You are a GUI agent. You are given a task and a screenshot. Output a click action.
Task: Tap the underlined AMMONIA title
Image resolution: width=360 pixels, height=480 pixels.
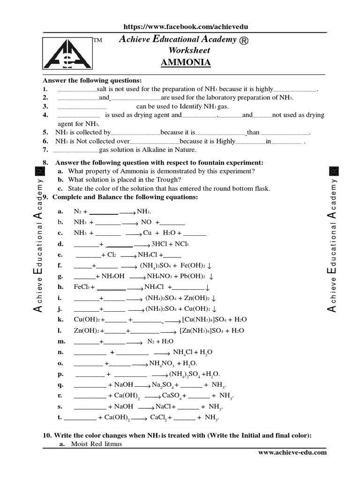[x=186, y=63]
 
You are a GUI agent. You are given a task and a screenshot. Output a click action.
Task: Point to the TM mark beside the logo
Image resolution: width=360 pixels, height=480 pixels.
[x=97, y=40]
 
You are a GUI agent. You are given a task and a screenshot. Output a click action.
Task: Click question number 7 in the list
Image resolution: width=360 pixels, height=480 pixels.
[x=45, y=150]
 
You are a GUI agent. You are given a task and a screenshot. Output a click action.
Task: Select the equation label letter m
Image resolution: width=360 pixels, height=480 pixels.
[x=60, y=341]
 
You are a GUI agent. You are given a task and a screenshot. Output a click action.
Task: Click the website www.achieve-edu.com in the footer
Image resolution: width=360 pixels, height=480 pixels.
[x=292, y=452]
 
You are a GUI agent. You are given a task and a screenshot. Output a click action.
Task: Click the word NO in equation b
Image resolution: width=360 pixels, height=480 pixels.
[x=146, y=222]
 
